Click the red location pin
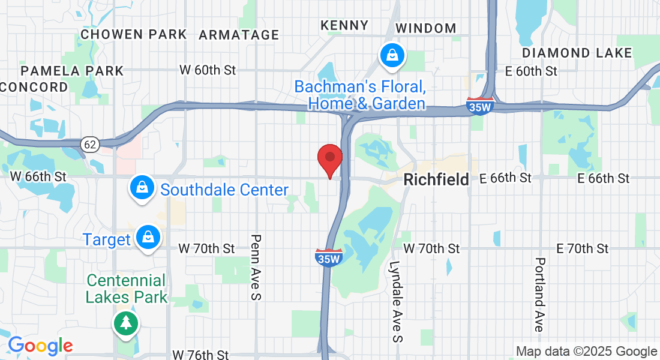[x=329, y=158]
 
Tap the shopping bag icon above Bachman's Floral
[x=392, y=56]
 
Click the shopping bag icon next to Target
[x=147, y=238]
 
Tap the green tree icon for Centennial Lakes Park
[x=126, y=324]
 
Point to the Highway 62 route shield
[x=90, y=144]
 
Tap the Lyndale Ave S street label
[x=396, y=301]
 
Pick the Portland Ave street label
[x=539, y=295]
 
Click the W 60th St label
[x=208, y=70]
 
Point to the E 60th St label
[x=531, y=71]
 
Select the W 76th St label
[x=200, y=355]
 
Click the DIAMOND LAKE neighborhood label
[x=577, y=53]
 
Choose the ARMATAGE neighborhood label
[x=239, y=35]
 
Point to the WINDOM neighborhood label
[x=426, y=28]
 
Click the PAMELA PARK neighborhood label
[x=72, y=71]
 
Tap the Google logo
[x=40, y=346]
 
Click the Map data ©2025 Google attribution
[x=586, y=352]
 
